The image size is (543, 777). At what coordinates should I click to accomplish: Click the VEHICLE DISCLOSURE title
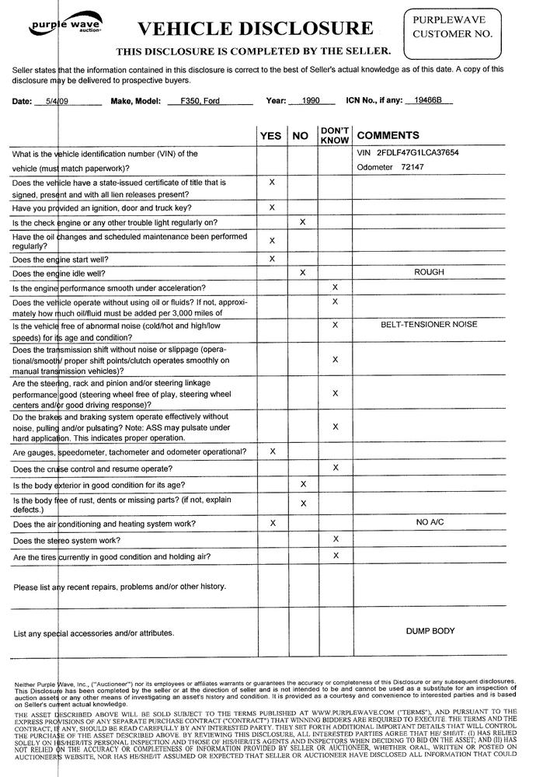255,30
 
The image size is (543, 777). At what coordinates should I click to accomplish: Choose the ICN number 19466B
428,101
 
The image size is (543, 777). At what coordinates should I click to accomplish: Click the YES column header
271,136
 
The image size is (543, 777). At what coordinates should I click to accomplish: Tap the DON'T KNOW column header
336,135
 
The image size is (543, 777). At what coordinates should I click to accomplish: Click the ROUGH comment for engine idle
429,273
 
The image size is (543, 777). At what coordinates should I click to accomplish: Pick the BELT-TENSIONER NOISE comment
429,325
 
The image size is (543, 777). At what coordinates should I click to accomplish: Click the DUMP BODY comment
430,632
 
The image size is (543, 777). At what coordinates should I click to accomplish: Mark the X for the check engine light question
302,222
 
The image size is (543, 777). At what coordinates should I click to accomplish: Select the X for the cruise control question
336,468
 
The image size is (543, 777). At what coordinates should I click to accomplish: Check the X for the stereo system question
336,539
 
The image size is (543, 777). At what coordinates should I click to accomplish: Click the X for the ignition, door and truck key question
272,208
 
